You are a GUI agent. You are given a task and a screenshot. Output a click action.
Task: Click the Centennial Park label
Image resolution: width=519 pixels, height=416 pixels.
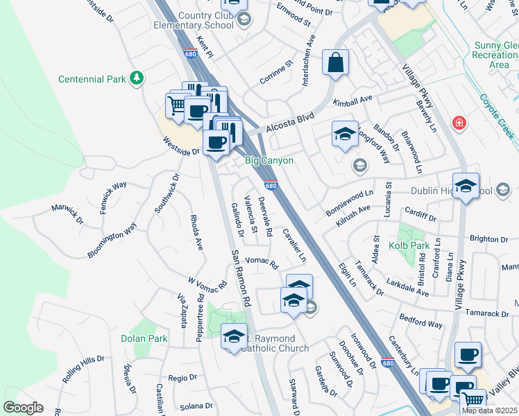[92, 79]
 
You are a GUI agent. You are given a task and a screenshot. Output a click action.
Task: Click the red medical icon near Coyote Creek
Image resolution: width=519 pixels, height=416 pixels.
[458, 123]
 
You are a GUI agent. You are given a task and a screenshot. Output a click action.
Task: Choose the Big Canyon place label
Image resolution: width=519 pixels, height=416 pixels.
[269, 161]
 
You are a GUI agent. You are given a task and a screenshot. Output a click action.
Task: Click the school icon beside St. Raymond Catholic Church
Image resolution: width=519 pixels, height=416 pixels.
[234, 336]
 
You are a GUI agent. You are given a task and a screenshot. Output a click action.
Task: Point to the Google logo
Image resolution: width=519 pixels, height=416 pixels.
[23, 408]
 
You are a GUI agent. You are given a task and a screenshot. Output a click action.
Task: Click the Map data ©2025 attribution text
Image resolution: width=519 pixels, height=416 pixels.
[490, 410]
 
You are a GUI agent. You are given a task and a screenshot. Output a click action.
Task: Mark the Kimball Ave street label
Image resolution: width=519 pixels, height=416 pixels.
[352, 102]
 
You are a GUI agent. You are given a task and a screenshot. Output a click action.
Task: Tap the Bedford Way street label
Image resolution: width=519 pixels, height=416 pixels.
[421, 320]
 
